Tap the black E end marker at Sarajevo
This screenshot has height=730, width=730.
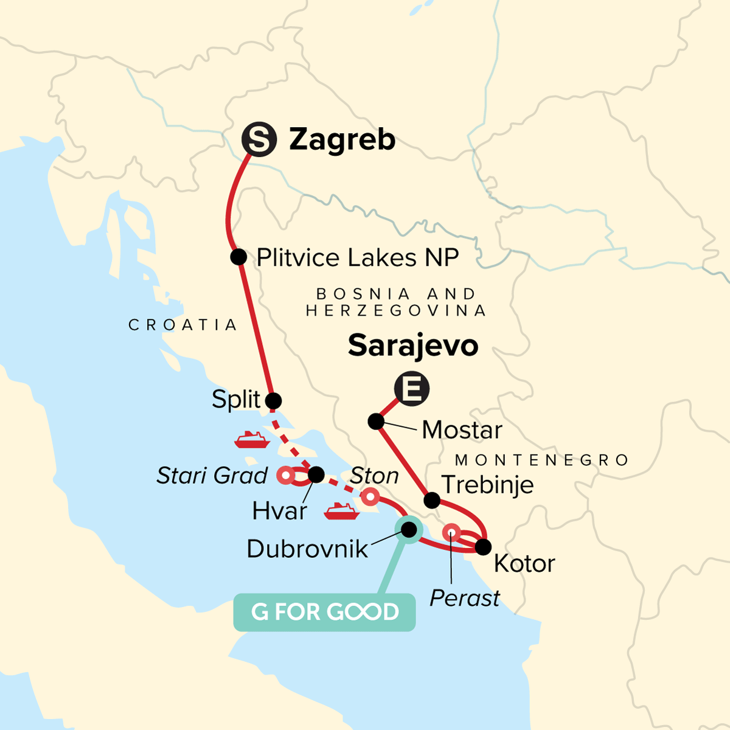click(x=412, y=389)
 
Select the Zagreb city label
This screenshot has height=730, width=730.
click(x=342, y=139)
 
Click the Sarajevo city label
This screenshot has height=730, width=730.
click(x=413, y=346)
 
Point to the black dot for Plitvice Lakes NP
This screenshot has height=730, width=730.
click(x=238, y=257)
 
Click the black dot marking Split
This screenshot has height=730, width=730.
click(x=274, y=401)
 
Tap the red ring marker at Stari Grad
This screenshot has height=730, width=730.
click(x=285, y=475)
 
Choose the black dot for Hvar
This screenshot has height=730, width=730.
click(x=316, y=474)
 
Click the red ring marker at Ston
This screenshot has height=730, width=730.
click(x=370, y=498)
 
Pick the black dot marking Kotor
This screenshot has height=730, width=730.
click(x=482, y=547)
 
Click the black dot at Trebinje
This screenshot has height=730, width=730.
click(x=432, y=501)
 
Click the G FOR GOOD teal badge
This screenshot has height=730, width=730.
click(x=324, y=612)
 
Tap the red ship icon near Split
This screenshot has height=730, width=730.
click(x=252, y=439)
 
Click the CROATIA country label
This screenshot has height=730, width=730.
click(x=182, y=325)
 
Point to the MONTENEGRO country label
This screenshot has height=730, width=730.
click(x=542, y=460)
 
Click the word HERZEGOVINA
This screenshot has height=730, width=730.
click(x=396, y=311)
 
